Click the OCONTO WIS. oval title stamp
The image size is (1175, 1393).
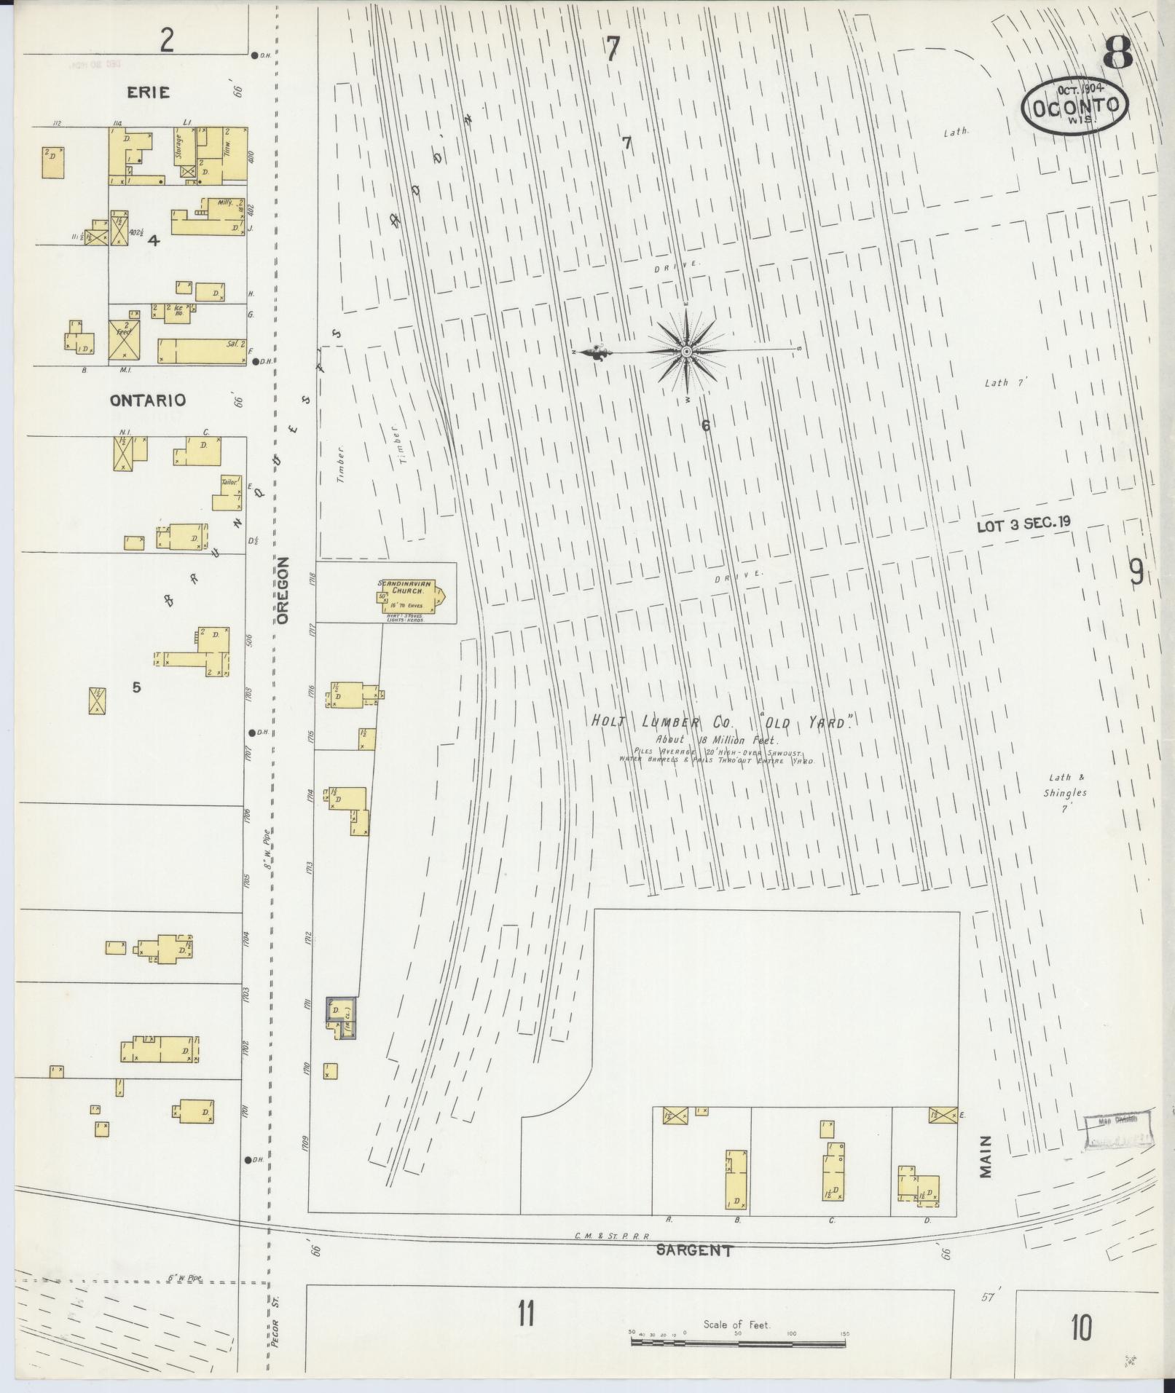point(1074,108)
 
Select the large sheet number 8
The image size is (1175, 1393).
point(1117,52)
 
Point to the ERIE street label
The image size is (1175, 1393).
point(148,92)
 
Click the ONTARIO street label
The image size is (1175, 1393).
point(148,400)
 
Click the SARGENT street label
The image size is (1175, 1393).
point(693,1250)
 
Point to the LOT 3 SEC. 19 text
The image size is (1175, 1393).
point(1023,524)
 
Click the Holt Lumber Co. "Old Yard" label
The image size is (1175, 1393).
point(721,723)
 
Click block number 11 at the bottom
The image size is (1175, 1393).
point(525,1314)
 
